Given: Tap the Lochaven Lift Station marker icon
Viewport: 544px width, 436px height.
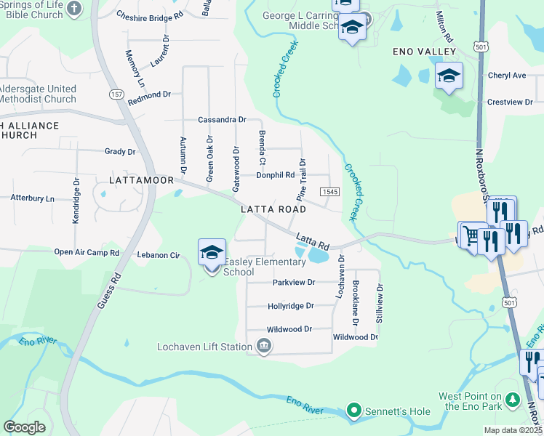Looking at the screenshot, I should [264, 347].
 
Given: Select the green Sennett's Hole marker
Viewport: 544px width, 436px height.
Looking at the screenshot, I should [354, 411].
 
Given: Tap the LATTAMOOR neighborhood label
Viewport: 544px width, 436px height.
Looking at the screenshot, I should [141, 179].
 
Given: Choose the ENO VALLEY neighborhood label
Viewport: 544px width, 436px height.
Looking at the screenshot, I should [423, 52].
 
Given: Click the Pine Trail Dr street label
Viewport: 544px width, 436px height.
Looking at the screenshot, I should [301, 179].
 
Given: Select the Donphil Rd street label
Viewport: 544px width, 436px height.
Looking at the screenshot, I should [275, 175].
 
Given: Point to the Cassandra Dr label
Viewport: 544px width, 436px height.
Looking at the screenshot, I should [222, 120].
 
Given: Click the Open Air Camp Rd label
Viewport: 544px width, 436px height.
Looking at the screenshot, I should [86, 253].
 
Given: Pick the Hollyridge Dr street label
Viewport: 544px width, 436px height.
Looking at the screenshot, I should [290, 307].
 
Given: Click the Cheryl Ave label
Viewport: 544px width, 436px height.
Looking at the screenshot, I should [506, 76].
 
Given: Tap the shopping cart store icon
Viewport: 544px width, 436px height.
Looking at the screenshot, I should [471, 235].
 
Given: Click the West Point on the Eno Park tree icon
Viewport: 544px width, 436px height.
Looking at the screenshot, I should [513, 400].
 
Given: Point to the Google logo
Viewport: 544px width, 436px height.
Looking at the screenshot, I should [24, 427].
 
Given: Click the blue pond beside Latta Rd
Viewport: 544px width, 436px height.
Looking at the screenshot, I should [318, 256].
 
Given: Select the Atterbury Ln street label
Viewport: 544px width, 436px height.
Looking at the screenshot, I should [32, 198].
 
